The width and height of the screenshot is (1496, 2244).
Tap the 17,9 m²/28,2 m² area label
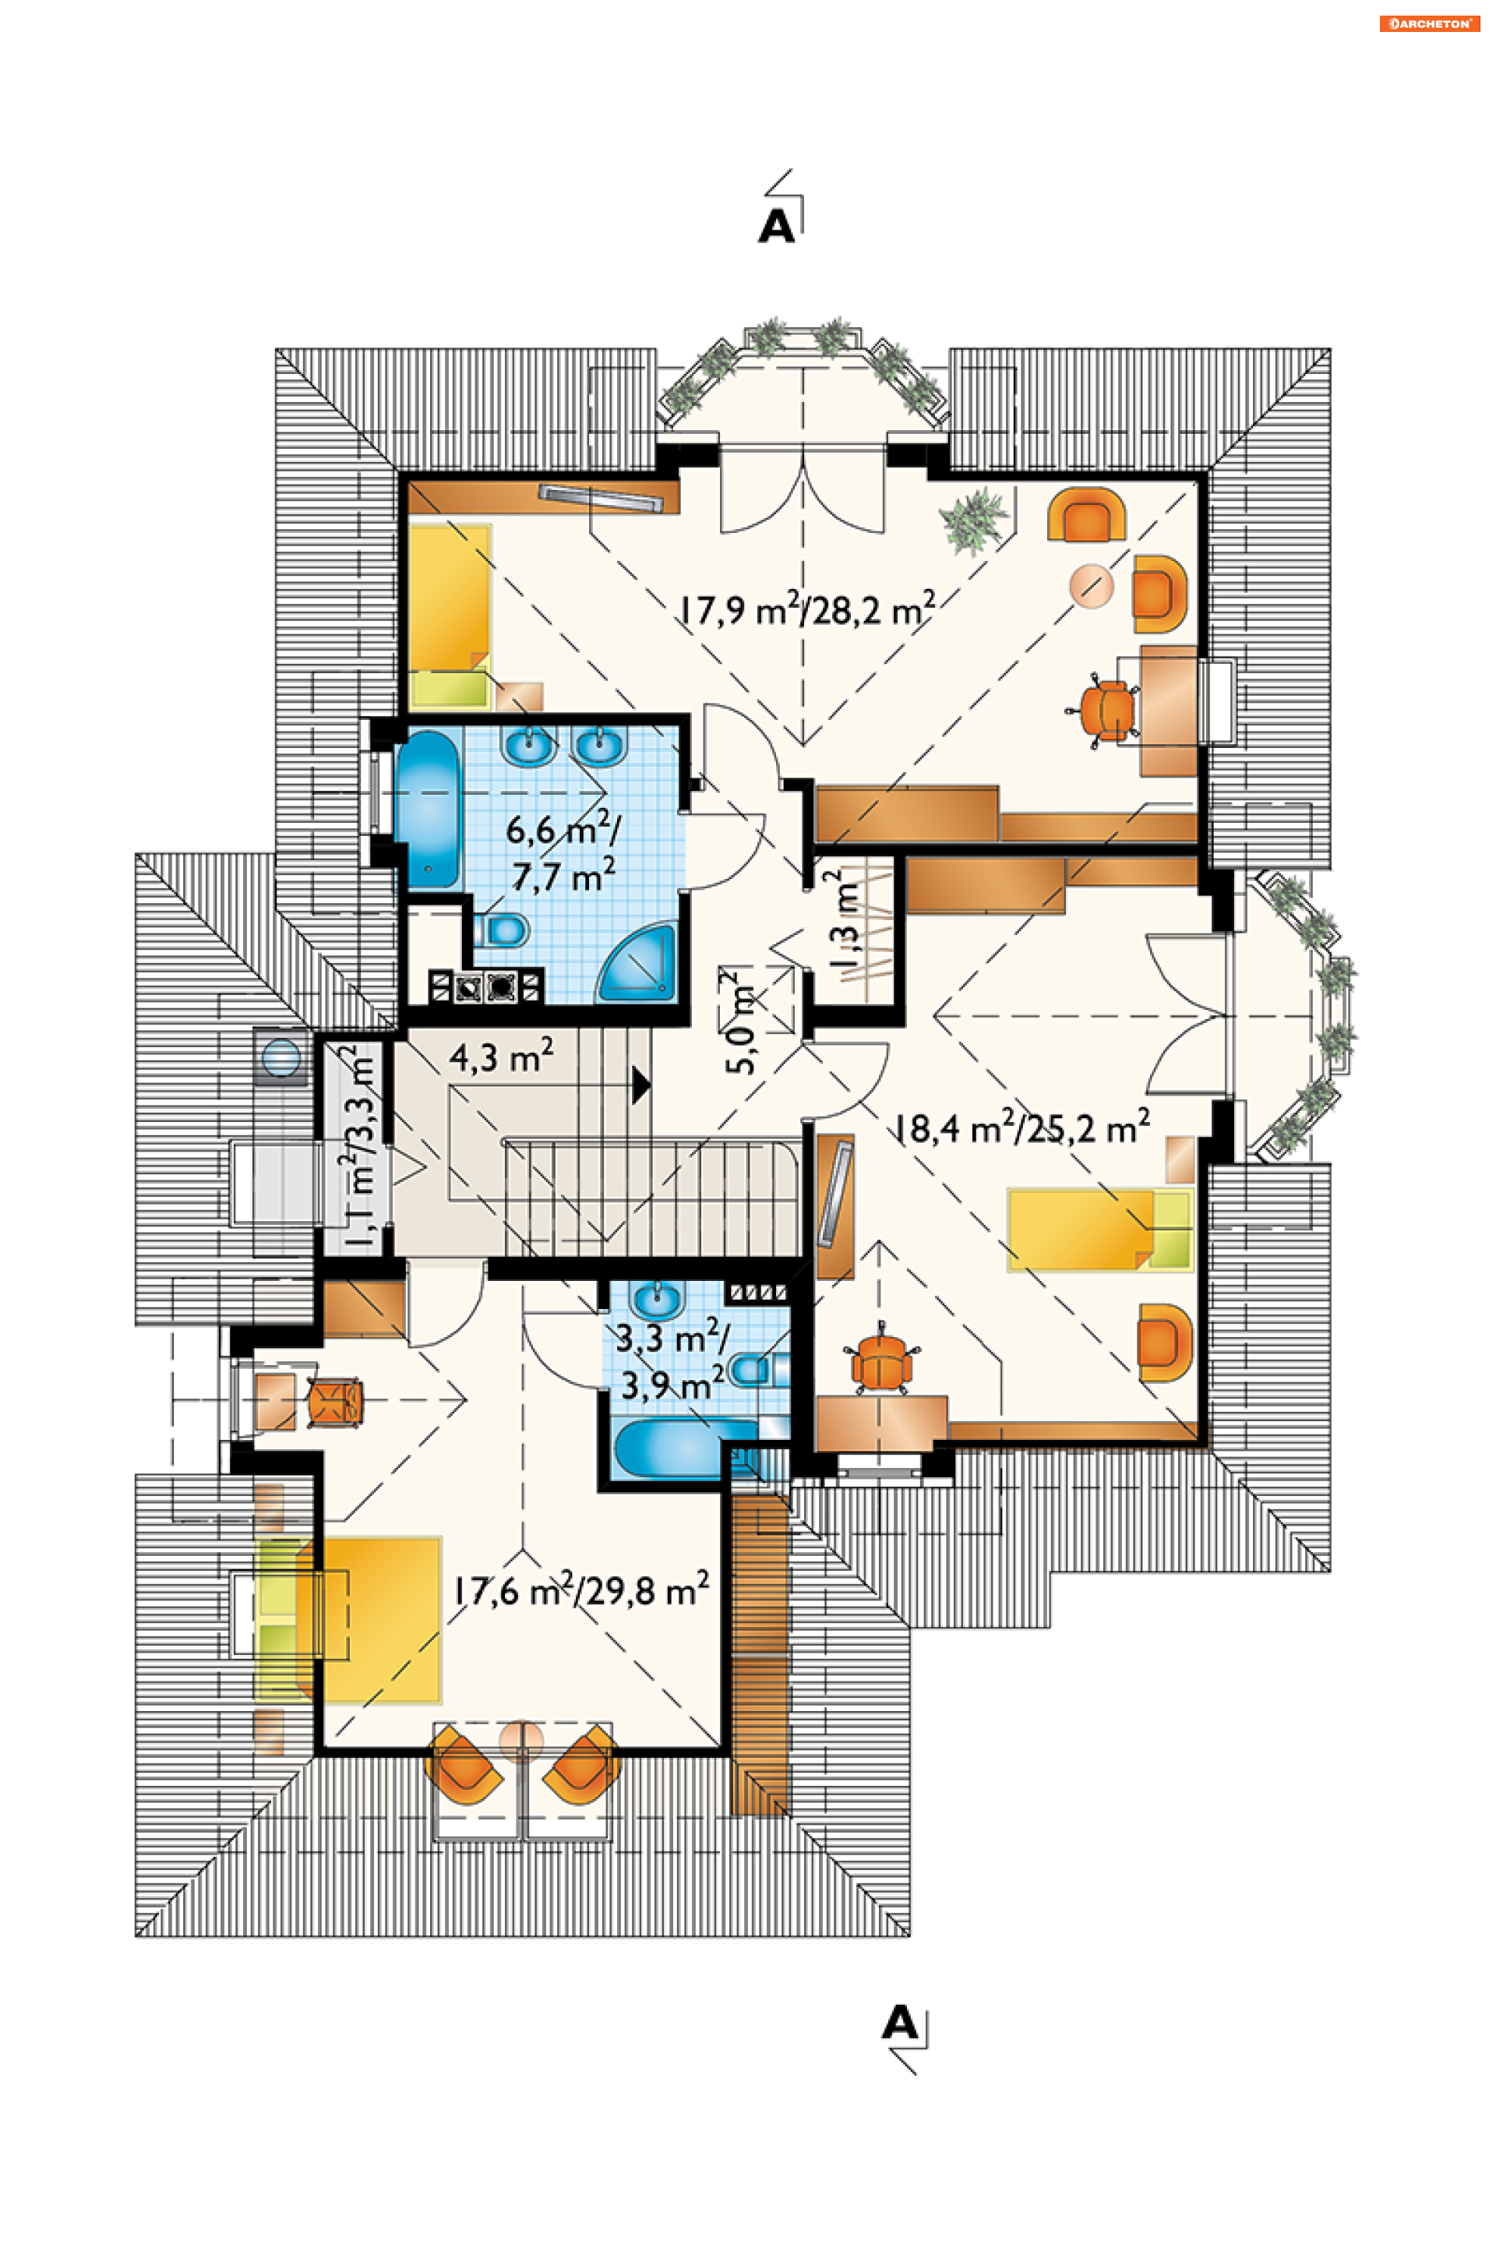tap(807, 609)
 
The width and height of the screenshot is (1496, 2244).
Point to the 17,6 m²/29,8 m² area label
tap(581, 1589)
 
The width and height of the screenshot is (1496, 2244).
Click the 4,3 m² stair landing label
tap(501, 1057)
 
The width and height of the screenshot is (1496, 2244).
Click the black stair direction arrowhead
tap(641, 1085)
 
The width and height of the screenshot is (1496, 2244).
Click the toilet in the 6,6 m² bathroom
tap(501, 930)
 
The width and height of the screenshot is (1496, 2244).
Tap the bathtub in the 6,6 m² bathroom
tap(429, 809)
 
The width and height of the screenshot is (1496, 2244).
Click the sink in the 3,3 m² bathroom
tap(658, 1299)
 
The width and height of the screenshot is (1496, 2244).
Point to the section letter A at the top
tap(777, 226)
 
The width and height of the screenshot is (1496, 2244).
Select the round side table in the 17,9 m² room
tap(1092, 586)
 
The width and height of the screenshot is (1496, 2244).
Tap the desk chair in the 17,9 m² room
tap(1105, 710)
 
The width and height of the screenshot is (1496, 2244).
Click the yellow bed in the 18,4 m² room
tap(1100, 1229)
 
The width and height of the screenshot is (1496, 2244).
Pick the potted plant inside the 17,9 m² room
tap(973, 520)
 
